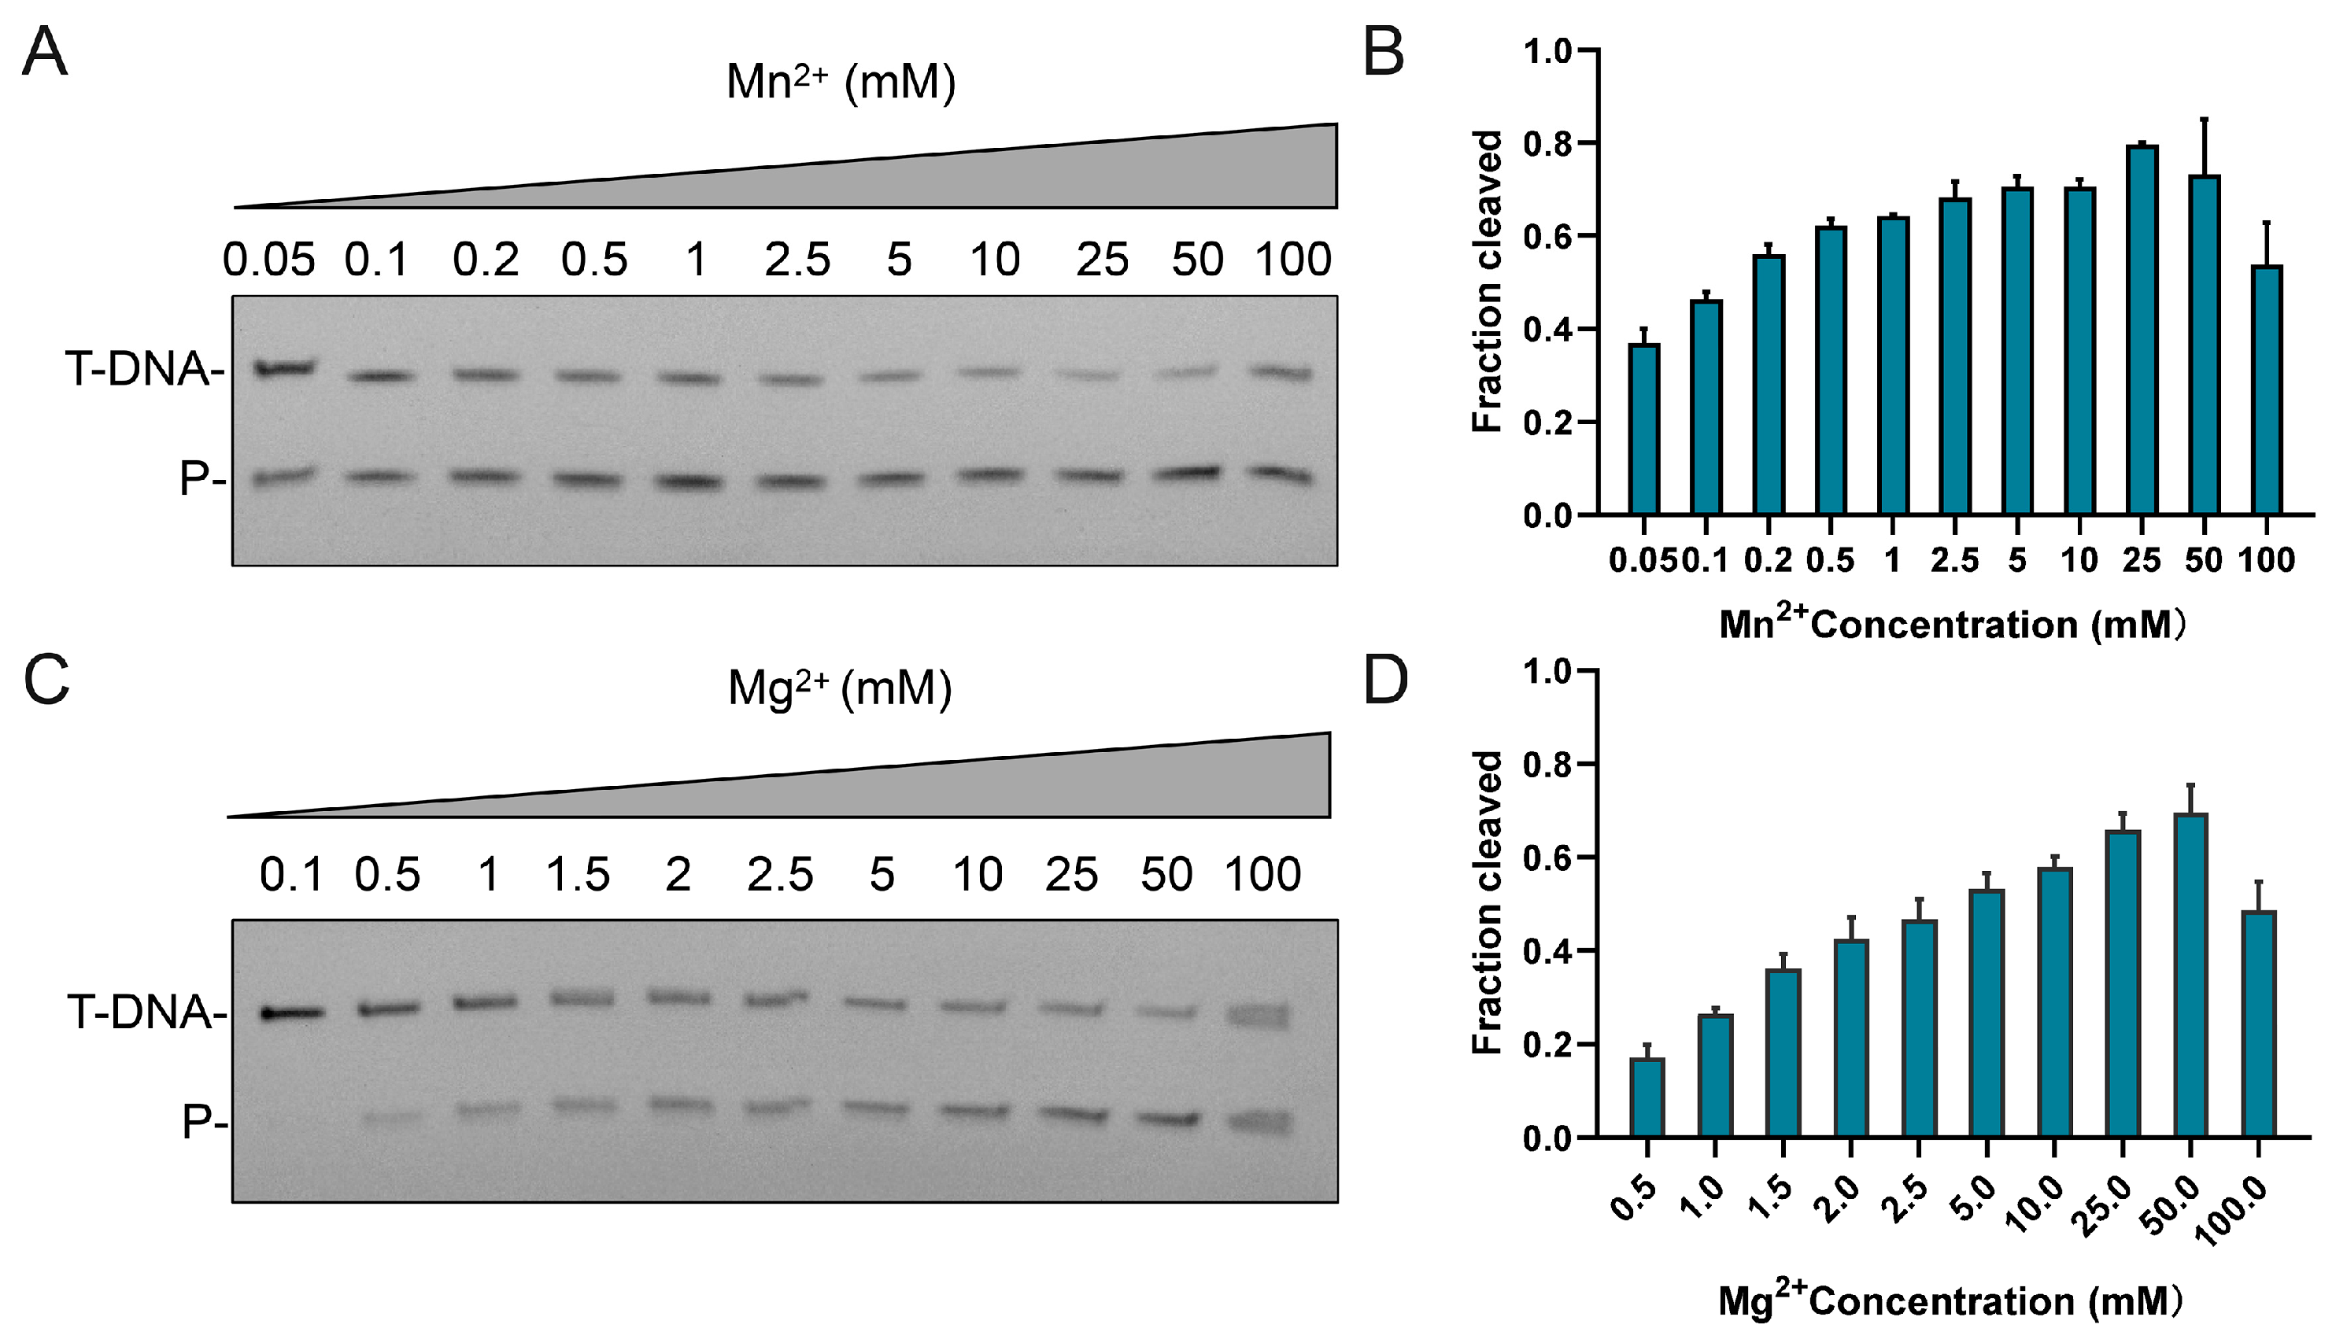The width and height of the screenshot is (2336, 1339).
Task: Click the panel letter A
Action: (44, 53)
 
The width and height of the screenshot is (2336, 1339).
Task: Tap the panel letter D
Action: (1385, 681)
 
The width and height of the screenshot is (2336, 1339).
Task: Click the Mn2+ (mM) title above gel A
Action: (840, 83)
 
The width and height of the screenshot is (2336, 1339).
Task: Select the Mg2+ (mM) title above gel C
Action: (839, 688)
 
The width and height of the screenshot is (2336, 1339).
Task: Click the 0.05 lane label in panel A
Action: (268, 260)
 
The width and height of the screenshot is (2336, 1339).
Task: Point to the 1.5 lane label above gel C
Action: (578, 874)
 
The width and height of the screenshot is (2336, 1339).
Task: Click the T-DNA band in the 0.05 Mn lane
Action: (284, 369)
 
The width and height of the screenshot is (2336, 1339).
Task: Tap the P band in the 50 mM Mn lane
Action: (1187, 474)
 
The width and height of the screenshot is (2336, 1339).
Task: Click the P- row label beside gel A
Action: (201, 479)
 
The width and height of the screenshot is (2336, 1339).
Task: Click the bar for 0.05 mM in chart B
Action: (1643, 429)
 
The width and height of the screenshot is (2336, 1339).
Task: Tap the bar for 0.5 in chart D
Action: (1647, 1098)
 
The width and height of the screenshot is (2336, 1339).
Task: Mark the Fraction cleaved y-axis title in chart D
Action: (1485, 902)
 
